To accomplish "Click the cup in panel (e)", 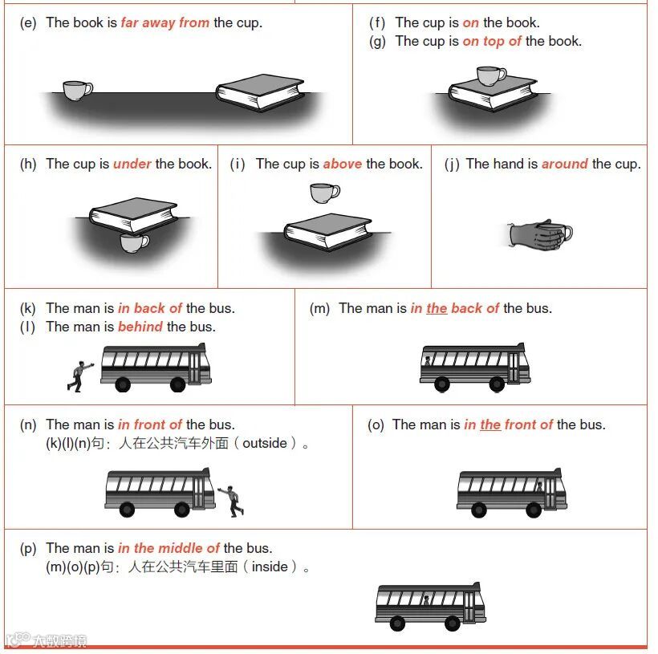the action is coord(78,90).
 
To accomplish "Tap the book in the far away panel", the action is coord(260,92).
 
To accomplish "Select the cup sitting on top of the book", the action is coord(491,76).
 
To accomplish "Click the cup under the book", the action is coord(134,243).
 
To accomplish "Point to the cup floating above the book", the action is coord(325,193).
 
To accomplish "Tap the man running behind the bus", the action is coord(79,376).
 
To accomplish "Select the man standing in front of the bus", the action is coord(231,501).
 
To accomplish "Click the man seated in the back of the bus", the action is coord(428,361).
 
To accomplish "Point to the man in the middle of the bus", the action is coord(426,600).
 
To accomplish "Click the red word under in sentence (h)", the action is coord(132,164).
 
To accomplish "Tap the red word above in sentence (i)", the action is coord(343,164).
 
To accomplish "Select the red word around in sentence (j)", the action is coord(565,164).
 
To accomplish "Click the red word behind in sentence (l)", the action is coord(140,327).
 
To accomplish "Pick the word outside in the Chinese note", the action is coord(265,443).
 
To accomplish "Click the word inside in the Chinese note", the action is coord(270,567).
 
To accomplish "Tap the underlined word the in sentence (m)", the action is coord(437,308).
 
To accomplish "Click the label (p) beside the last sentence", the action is coord(28,548).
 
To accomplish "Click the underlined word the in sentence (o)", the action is coord(490,424).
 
